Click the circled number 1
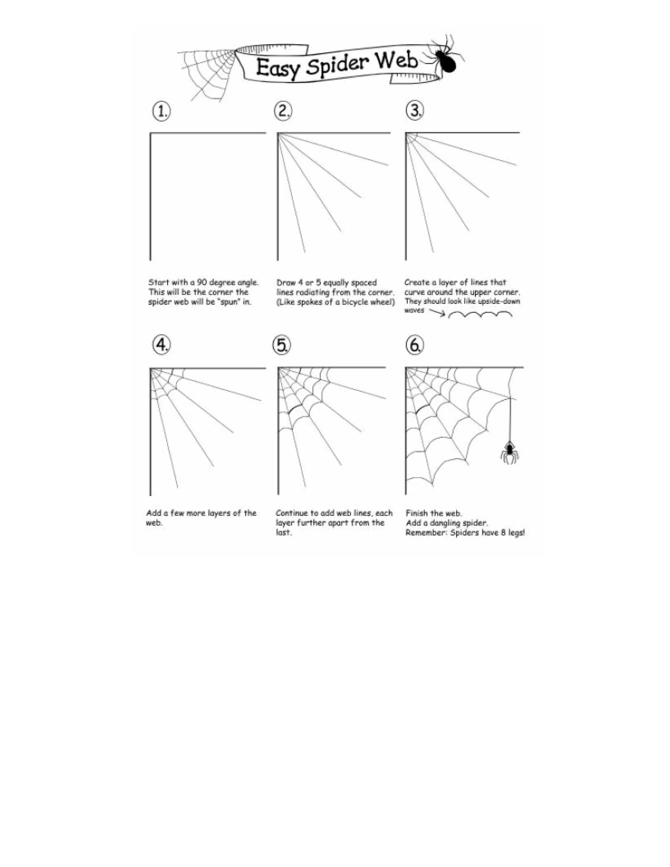[161, 112]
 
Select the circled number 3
[415, 110]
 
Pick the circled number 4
[162, 345]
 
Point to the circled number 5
[281, 345]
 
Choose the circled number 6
[414, 345]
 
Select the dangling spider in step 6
[510, 452]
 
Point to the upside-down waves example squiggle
[480, 315]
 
